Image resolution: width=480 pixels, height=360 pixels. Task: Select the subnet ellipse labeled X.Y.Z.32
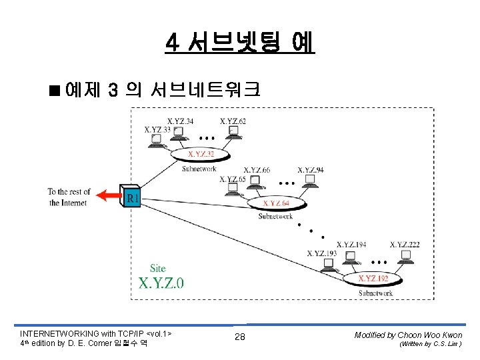tap(201, 155)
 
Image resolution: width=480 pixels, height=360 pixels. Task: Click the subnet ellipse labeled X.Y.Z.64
tap(276, 203)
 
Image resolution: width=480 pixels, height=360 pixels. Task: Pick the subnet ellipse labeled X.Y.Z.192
tap(372, 278)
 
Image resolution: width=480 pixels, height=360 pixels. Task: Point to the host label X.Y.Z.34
tap(181, 121)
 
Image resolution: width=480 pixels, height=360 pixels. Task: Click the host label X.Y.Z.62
tap(233, 121)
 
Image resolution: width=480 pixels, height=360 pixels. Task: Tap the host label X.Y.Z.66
tap(257, 170)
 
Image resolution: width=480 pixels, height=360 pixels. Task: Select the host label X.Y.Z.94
tap(311, 170)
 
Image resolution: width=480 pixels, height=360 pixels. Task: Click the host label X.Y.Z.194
tap(351, 245)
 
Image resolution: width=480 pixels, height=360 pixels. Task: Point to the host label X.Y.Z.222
tap(405, 245)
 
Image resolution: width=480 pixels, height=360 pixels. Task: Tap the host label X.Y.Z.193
tap(322, 253)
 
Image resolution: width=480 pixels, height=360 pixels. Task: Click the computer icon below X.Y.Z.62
tap(233, 133)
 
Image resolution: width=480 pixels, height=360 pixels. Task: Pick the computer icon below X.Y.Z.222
tap(404, 257)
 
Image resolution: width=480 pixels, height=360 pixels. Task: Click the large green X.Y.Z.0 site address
tap(161, 282)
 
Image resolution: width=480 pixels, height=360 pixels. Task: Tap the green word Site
tap(157, 268)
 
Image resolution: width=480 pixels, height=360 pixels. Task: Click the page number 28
tap(240, 337)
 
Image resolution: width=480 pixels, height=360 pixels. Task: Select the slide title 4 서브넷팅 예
tap(240, 43)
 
